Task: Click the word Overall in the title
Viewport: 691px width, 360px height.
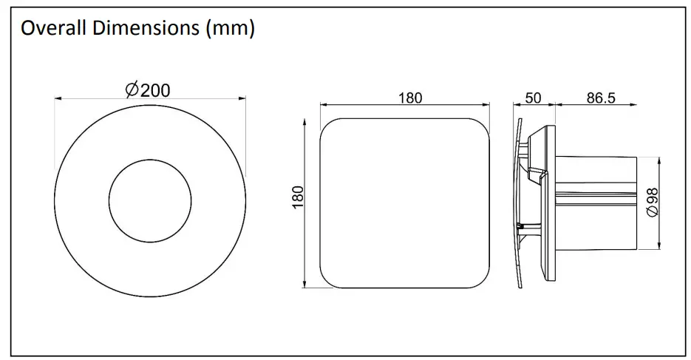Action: coord(50,29)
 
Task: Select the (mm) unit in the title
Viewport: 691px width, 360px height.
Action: coord(230,29)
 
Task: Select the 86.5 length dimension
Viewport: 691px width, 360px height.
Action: coord(601,98)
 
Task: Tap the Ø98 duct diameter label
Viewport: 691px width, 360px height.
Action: coord(653,201)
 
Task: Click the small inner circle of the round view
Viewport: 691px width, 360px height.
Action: coord(150,200)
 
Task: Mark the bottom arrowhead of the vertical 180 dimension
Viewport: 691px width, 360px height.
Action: coord(305,286)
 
